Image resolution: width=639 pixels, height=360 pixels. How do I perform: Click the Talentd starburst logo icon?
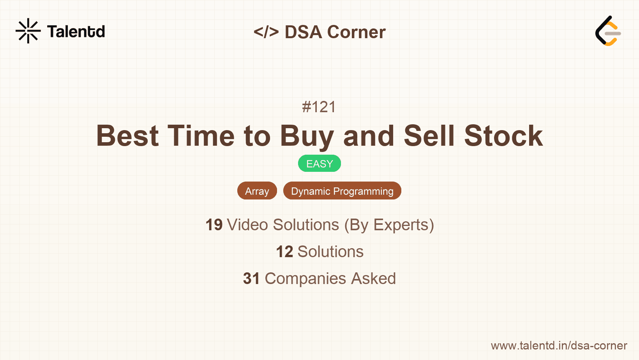click(x=28, y=31)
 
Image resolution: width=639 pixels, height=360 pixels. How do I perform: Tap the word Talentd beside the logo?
click(x=76, y=32)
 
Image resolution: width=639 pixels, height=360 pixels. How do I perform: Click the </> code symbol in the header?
click(x=266, y=32)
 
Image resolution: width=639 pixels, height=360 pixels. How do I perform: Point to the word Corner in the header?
click(x=357, y=32)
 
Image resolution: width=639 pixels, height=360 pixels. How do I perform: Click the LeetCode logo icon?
click(x=608, y=31)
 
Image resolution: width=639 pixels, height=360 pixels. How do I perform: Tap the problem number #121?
click(x=319, y=107)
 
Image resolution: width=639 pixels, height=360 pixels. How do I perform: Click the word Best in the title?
click(x=127, y=136)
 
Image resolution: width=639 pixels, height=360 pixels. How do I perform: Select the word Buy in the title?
click(x=307, y=136)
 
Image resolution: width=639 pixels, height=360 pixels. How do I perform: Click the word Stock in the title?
click(x=503, y=136)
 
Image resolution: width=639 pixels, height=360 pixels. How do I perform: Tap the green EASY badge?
click(x=319, y=164)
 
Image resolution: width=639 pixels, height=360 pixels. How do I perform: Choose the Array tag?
click(x=257, y=191)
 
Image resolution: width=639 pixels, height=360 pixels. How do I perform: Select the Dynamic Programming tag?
click(x=342, y=191)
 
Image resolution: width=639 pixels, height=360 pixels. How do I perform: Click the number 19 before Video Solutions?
click(x=214, y=225)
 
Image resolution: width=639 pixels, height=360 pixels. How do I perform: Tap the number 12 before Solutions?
click(x=284, y=252)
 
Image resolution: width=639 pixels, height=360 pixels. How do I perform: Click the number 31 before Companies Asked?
click(x=251, y=279)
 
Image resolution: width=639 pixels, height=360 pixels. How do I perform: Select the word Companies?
click(x=305, y=279)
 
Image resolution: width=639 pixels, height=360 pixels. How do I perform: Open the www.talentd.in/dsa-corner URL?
click(x=559, y=346)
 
